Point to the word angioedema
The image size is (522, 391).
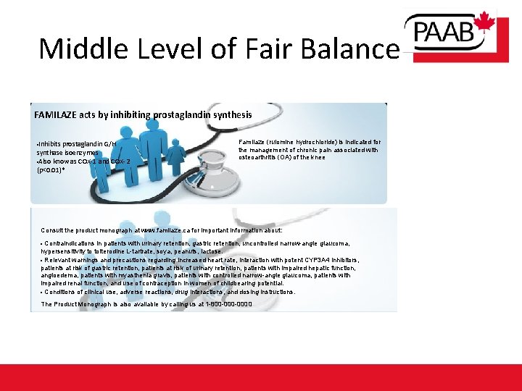click(x=61, y=275)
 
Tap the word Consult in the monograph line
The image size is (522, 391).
click(x=52, y=230)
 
